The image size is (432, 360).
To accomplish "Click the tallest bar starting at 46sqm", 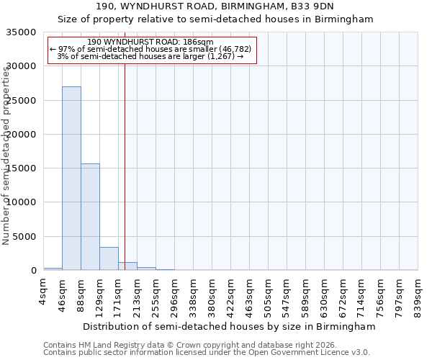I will pos(71,179).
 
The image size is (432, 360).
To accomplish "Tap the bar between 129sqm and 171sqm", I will pos(109,258).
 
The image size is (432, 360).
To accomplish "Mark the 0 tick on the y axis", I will pos(33,271).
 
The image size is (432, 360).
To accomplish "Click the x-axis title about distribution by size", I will pos(229,326).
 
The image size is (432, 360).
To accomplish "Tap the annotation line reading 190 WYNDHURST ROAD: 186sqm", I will pos(150,42).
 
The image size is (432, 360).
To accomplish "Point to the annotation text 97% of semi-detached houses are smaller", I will pos(150,49).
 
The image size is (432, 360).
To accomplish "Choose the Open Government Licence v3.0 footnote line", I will pos(206,353).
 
